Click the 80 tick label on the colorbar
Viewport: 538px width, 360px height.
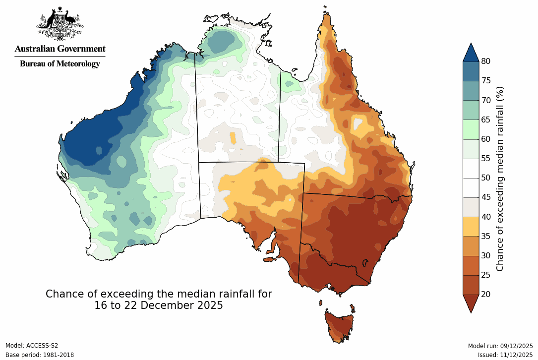pos(486,61)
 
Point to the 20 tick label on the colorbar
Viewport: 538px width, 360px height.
pos(486,294)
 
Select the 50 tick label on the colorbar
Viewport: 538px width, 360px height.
pos(486,178)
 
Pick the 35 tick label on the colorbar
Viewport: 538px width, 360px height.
pos(486,236)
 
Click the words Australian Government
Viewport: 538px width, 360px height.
pos(60,49)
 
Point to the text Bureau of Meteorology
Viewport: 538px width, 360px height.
pos(60,63)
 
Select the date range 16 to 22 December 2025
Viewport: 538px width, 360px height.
pos(159,305)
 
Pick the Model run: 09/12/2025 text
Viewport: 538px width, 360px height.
pos(500,346)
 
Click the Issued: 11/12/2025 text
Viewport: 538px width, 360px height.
pos(505,355)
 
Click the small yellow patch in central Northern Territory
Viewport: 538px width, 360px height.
pos(233,137)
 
